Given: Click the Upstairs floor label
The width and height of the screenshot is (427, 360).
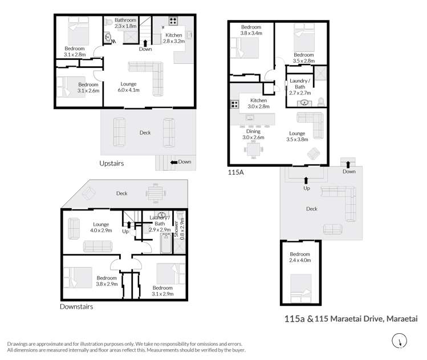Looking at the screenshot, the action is click(x=111, y=164).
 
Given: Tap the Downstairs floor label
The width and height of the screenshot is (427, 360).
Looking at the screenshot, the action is click(x=76, y=306).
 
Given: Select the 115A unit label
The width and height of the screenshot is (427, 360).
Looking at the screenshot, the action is click(x=235, y=172).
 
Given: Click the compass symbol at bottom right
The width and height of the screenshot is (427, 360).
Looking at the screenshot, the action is click(x=399, y=341).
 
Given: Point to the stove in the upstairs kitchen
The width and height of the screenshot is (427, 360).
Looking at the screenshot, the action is click(x=173, y=21).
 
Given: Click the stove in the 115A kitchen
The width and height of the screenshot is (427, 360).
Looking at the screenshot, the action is click(x=234, y=104).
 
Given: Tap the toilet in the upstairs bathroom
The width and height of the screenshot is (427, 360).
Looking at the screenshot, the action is click(x=109, y=22).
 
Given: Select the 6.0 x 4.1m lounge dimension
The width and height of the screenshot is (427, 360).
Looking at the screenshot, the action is click(x=128, y=90).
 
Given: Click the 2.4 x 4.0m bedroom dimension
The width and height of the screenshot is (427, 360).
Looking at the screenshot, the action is click(x=300, y=260).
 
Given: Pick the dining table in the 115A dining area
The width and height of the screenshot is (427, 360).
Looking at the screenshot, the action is click(x=254, y=149).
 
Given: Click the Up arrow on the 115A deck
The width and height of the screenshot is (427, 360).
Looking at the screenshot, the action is click(x=306, y=180).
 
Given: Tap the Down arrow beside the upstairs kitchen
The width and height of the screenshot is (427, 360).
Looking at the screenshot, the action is click(x=145, y=43).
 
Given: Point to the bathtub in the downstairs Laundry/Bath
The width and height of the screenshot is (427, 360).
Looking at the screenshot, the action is click(x=166, y=244).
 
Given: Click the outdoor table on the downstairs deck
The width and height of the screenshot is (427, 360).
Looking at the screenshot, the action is click(x=156, y=193).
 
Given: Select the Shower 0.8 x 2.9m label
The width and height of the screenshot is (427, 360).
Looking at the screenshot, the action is click(x=179, y=229).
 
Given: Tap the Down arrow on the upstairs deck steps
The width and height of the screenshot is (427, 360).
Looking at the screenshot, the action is click(x=174, y=162).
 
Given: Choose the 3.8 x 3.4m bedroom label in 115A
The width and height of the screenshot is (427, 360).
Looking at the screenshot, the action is click(x=251, y=33).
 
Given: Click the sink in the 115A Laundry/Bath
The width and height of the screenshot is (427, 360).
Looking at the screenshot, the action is click(x=304, y=103).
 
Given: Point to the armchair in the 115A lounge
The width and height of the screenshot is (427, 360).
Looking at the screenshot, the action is click(x=314, y=153).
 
